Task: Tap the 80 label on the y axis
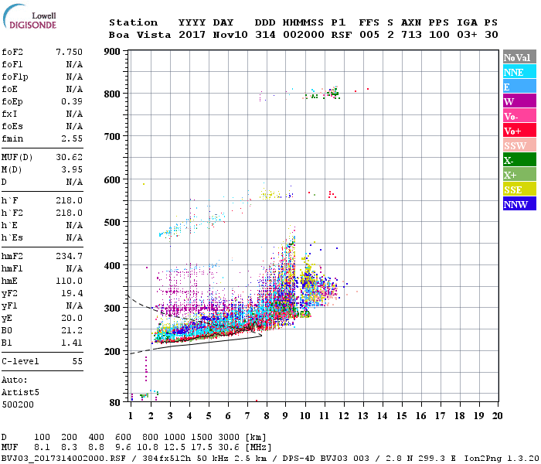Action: pyautogui.click(x=115, y=402)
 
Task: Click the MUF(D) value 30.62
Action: pyautogui.click(x=69, y=158)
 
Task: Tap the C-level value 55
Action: pyautogui.click(x=77, y=362)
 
